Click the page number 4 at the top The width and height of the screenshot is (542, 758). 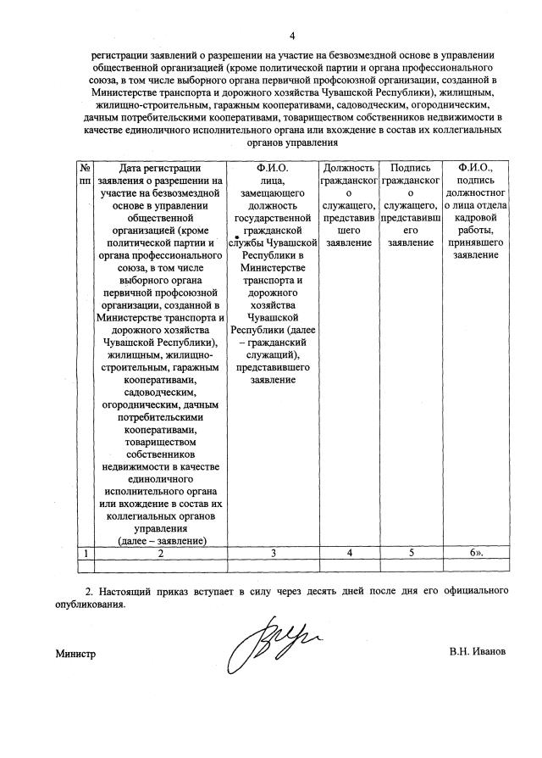pos(292,35)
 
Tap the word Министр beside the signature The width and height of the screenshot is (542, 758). pos(76,654)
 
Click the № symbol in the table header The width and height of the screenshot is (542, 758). pos(85,168)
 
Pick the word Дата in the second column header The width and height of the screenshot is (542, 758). pos(134,168)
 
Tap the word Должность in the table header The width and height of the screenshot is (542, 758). pos(347,168)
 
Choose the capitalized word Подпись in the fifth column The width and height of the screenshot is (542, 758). pos(410,168)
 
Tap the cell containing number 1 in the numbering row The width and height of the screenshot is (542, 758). pos(85,553)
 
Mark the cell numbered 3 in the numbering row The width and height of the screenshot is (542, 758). pos(272,553)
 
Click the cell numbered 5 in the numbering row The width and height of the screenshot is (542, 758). pos(410,553)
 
